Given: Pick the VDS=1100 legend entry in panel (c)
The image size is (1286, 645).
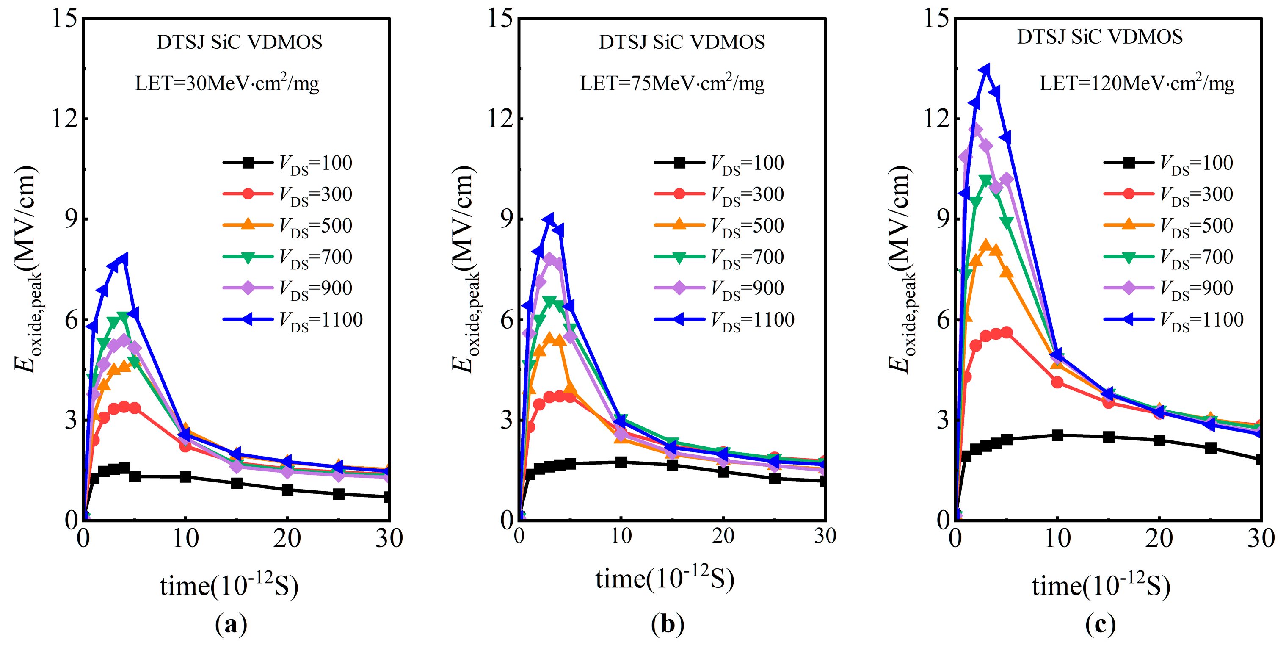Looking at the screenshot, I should point(1173,320).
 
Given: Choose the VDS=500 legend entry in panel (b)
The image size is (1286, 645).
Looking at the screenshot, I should point(719,226).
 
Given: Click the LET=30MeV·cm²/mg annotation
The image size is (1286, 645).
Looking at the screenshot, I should point(227,83).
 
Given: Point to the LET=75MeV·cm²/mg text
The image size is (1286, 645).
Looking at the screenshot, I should point(672,83).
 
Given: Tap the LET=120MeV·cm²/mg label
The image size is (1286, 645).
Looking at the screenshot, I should point(1137,83).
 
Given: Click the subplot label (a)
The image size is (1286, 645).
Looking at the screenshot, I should point(231,624).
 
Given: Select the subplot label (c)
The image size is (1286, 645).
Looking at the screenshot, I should point(1100,624).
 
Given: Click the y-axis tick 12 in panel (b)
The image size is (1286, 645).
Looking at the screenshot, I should point(501,119).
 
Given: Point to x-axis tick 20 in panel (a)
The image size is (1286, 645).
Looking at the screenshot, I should point(287,539).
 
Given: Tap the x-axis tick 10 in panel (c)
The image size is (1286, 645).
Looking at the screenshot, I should point(1057,539).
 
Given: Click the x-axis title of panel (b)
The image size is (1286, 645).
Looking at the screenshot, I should point(665,579).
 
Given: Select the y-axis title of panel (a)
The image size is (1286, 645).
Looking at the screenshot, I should point(26,270).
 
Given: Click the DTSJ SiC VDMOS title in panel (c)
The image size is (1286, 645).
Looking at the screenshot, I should point(1100,37).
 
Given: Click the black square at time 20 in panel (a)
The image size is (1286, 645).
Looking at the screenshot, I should point(287,490).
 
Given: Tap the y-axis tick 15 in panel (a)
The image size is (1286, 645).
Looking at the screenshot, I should point(65,19).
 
